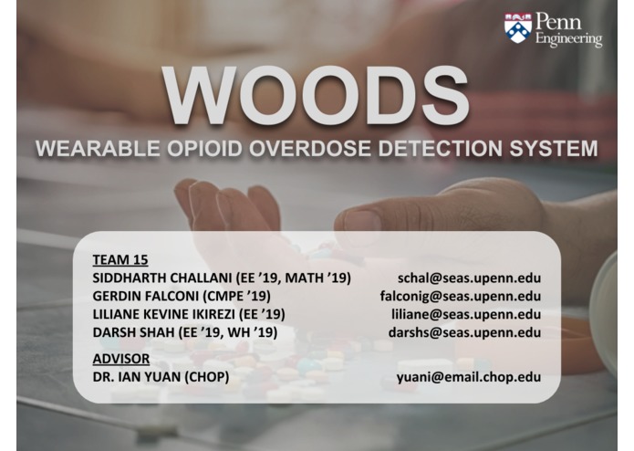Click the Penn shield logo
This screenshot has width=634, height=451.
[517, 27]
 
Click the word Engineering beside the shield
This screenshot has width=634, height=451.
[568, 39]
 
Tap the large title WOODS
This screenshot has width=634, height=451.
[316, 97]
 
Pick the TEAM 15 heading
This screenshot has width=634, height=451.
[120, 259]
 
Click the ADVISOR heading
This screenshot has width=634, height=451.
[120, 358]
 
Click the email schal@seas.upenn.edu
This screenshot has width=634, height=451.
[469, 278]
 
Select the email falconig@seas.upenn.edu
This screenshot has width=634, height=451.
[461, 296]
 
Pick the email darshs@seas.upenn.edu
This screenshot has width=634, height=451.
[464, 332]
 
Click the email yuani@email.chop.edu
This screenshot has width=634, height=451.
[468, 376]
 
